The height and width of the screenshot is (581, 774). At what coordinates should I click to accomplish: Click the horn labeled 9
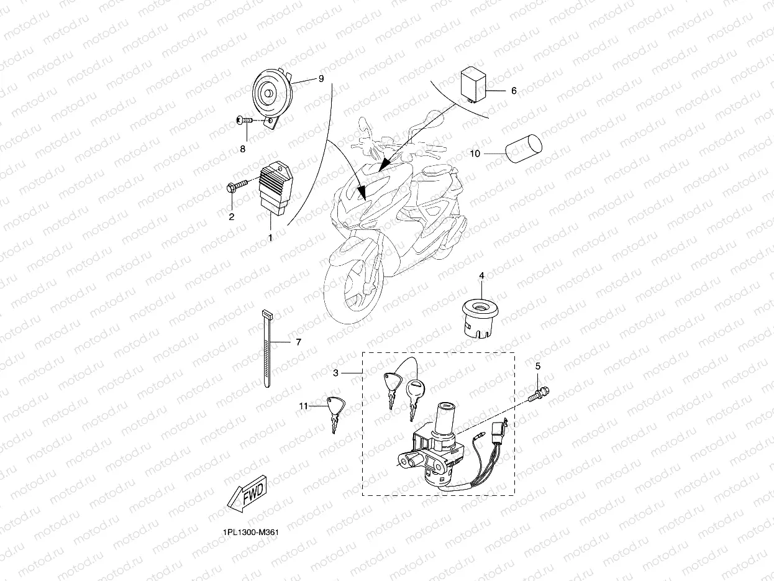(x=271, y=95)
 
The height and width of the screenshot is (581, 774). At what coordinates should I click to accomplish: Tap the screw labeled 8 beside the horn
(x=246, y=120)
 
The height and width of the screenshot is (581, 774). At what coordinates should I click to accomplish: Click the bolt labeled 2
(x=237, y=185)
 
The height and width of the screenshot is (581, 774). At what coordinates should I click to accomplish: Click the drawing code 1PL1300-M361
(x=247, y=533)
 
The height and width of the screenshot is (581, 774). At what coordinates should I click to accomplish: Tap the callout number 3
(x=335, y=373)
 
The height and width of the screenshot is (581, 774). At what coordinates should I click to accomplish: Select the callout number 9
(x=321, y=79)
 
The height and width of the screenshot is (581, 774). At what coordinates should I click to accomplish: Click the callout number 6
(x=514, y=91)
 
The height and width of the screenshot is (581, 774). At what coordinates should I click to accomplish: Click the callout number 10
(x=475, y=153)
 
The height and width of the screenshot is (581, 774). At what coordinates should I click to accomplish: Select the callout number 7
(x=298, y=342)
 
